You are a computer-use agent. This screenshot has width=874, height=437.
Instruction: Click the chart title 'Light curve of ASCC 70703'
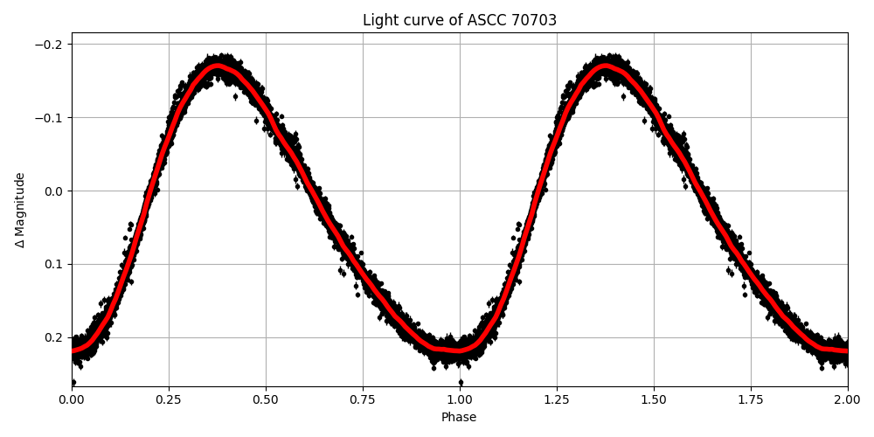[x=459, y=20]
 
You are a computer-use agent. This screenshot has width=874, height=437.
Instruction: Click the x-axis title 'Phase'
[x=459, y=418]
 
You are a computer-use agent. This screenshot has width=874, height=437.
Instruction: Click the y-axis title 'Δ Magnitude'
[x=20, y=210]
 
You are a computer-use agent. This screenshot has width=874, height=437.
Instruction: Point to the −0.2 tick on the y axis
[x=53, y=45]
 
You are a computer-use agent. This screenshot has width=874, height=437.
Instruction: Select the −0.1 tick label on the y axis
[x=53, y=118]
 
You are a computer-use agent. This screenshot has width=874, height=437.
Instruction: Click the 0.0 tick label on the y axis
[x=57, y=191]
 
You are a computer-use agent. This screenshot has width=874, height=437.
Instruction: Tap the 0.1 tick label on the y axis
[x=57, y=264]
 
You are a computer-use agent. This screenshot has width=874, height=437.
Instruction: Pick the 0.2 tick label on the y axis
[x=57, y=337]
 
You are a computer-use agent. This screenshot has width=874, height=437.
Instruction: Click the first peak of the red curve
[x=217, y=66]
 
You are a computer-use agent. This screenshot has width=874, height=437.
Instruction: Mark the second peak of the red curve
[x=605, y=66]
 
